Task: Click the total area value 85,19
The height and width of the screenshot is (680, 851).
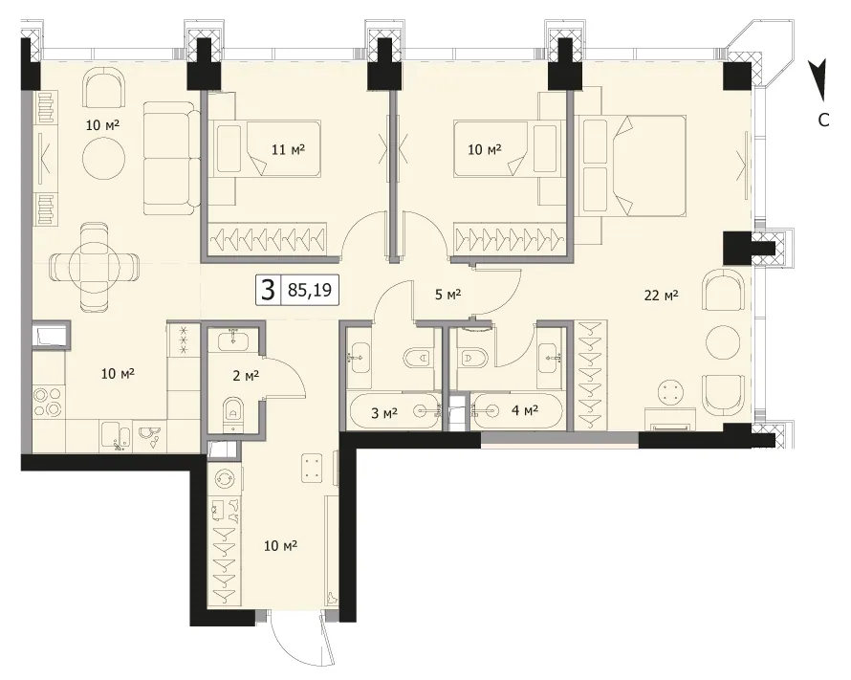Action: point(310,290)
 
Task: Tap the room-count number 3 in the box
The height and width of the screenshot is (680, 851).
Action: point(267,290)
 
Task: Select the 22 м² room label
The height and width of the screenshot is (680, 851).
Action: point(661,296)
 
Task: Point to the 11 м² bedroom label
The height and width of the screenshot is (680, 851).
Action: point(288,148)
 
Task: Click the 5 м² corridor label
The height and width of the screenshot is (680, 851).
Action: point(448,295)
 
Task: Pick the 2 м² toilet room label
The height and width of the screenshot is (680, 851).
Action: point(246,376)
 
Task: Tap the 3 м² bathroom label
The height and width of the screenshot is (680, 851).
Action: point(384,413)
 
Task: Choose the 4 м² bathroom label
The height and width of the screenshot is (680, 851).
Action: point(525,410)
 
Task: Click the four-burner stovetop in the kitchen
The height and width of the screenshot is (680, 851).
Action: point(47,402)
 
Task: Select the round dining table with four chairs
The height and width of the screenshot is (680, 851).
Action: point(94,267)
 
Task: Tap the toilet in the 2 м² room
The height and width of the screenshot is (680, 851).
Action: point(233,414)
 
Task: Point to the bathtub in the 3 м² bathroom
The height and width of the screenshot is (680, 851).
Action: point(395,411)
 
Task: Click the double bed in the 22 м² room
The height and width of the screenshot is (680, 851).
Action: point(632,165)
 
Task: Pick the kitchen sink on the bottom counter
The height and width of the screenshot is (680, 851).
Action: point(119,438)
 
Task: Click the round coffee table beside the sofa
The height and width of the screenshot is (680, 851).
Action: point(104,159)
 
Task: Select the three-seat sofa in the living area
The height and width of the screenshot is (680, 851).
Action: point(169,159)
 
